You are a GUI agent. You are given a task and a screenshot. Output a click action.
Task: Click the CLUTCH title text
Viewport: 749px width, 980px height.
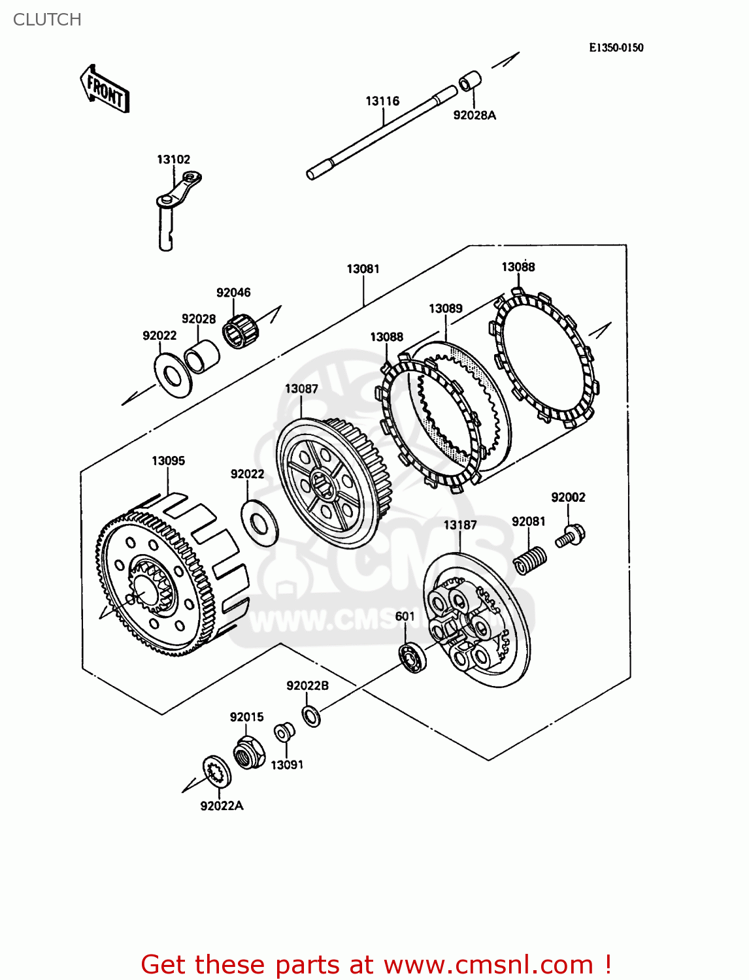(47, 20)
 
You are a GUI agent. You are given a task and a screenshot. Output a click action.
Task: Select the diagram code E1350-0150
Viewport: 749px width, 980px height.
(616, 48)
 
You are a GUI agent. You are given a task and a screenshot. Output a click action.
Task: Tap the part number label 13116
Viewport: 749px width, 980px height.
(382, 101)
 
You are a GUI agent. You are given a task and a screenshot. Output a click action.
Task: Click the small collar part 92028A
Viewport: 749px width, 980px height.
(469, 82)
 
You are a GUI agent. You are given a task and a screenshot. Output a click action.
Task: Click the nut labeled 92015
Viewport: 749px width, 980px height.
(249, 751)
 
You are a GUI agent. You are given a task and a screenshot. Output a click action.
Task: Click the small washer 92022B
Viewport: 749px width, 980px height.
(312, 716)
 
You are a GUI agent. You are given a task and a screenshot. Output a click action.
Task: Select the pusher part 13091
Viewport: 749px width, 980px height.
(283, 732)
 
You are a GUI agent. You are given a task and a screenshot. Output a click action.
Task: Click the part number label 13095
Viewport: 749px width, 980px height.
(168, 461)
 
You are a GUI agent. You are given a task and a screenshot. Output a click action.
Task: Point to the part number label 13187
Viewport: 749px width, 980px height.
(460, 525)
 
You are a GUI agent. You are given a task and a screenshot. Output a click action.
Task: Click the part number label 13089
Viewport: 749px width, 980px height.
(446, 308)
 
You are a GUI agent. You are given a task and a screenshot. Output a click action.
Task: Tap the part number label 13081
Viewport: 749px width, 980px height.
(363, 269)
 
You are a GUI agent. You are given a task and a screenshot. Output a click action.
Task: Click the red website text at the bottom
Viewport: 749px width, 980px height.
(376, 964)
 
